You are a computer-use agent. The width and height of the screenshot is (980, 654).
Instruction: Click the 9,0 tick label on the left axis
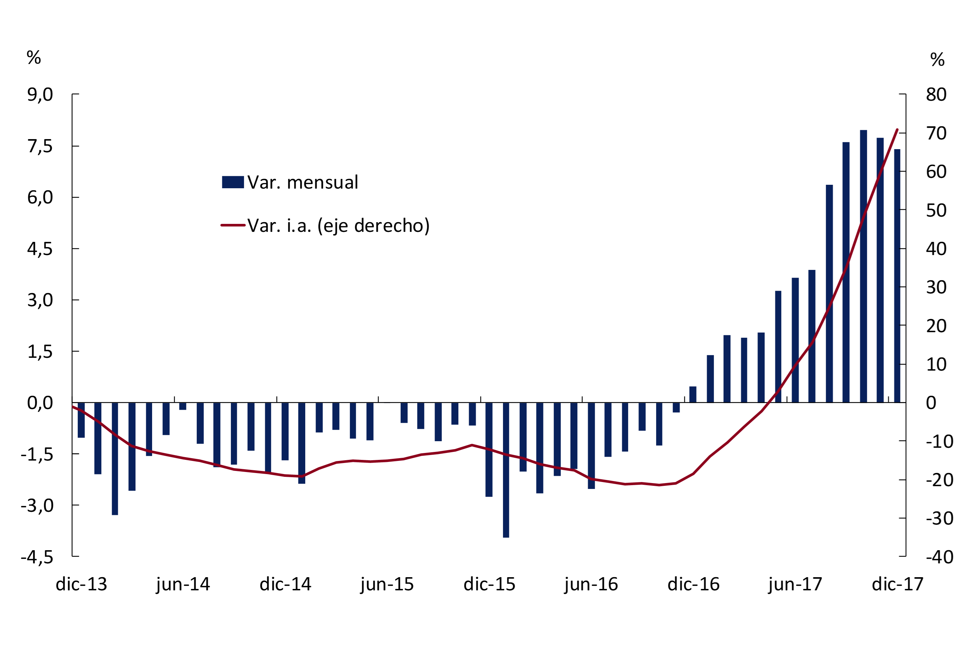point(40,95)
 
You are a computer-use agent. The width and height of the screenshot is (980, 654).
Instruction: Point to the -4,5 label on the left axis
point(37,557)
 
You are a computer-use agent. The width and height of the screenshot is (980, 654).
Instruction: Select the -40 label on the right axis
point(940,557)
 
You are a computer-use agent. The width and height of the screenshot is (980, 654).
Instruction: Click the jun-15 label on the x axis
point(387,585)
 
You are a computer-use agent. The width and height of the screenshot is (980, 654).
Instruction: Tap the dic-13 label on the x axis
point(81,584)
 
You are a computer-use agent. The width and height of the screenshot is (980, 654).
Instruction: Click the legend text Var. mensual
point(302,183)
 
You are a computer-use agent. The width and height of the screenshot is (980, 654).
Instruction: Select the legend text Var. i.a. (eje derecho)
point(338,226)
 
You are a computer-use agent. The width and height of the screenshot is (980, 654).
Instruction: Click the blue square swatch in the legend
point(233,182)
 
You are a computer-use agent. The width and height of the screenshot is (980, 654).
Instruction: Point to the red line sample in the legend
point(233,225)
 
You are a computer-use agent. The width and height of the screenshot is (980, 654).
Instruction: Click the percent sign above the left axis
point(34,57)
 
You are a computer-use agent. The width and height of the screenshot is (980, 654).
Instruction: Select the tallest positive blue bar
point(864,267)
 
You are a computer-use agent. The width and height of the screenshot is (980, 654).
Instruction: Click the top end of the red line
point(897,130)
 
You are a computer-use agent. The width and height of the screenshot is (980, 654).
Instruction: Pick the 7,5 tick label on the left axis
point(40,146)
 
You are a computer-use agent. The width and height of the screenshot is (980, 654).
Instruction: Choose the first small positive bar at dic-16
point(693,394)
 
